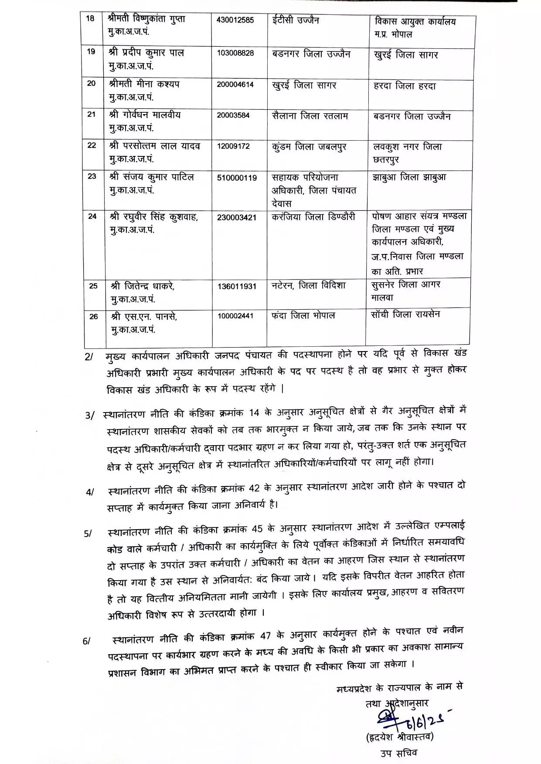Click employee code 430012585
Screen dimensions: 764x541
point(235,20)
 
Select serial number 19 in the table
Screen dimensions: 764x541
point(91,51)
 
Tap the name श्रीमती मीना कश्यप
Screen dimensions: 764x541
point(144,84)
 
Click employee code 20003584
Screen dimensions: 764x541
point(233,116)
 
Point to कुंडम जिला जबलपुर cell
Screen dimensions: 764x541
point(309,147)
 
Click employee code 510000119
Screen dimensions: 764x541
point(237,178)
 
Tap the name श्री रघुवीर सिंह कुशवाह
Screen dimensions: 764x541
point(154,217)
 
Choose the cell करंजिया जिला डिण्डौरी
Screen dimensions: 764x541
point(313,216)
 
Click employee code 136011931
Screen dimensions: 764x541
point(237,287)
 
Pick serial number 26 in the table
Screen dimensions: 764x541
point(94,317)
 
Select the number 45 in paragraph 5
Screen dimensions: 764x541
point(257,529)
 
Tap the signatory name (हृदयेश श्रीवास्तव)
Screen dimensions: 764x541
point(400,737)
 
